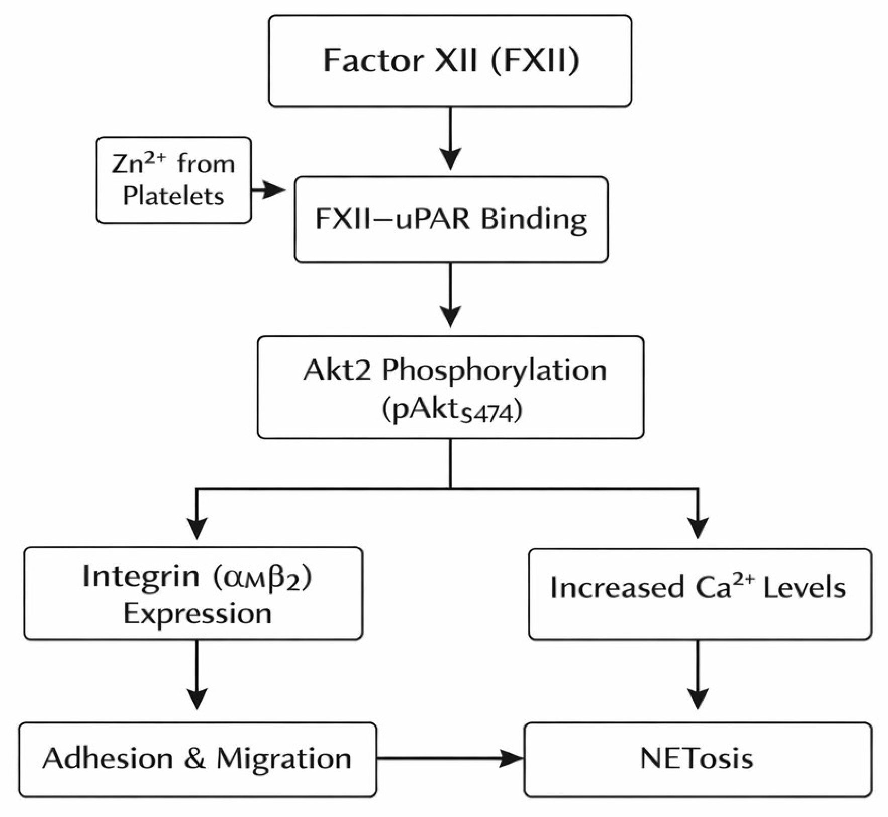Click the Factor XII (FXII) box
(x=450, y=60)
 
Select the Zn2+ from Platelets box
(x=173, y=180)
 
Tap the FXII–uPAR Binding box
(x=451, y=219)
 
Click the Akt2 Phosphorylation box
(x=450, y=387)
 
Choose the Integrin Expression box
(x=193, y=593)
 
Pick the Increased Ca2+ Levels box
(x=700, y=593)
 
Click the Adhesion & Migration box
(x=198, y=759)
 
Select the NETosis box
(x=698, y=759)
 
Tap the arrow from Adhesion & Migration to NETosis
(x=450, y=758)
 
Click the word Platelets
(x=173, y=196)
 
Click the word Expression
(x=198, y=614)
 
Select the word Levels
(x=805, y=587)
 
